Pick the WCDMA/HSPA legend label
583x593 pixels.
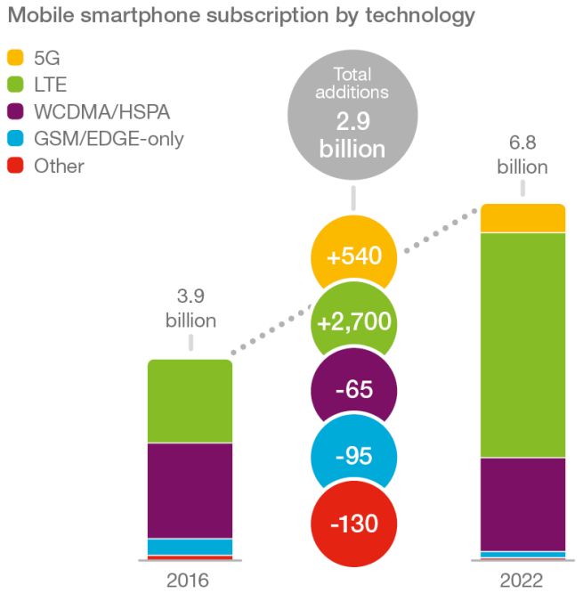tap(98, 112)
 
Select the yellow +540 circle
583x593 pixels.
tap(353, 257)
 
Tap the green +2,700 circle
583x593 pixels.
tap(353, 322)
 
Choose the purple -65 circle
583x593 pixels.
tap(353, 390)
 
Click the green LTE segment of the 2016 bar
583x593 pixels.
tap(190, 401)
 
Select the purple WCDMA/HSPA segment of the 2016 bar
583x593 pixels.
tap(190, 491)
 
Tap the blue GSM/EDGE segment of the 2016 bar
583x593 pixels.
tap(190, 546)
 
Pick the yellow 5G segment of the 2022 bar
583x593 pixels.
tap(523, 218)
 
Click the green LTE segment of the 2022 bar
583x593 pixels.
tap(523, 345)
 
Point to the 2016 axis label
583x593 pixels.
tap(187, 580)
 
